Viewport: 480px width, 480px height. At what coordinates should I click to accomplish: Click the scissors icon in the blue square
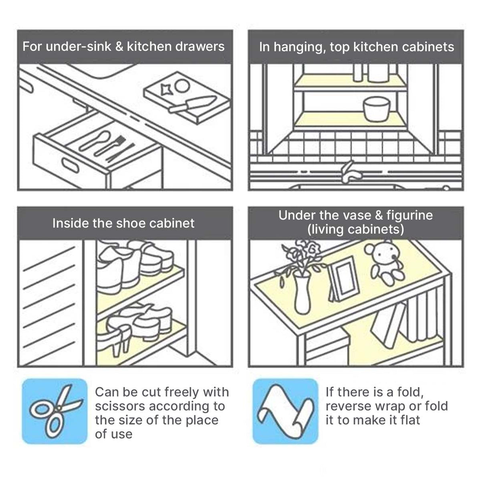(55, 411)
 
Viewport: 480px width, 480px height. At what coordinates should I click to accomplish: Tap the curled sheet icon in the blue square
(285, 411)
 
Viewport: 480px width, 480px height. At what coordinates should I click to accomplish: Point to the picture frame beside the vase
(341, 279)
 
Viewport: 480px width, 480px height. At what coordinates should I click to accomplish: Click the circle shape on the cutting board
(182, 85)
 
